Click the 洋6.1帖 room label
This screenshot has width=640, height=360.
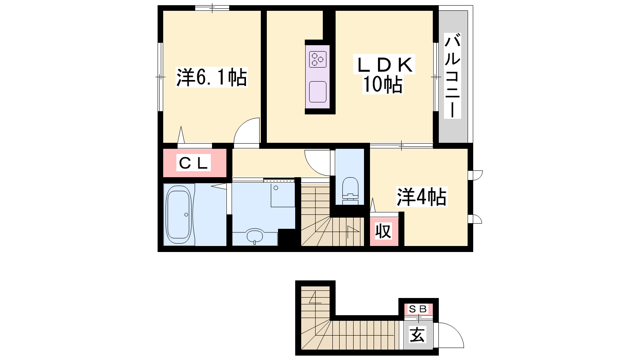[212, 77]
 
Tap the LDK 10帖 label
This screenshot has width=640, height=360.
[384, 74]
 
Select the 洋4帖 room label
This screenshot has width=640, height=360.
[422, 196]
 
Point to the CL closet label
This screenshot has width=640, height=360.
[194, 163]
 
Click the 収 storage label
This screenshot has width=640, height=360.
[384, 232]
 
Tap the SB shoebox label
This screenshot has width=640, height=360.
[418, 309]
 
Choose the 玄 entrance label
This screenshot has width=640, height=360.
[418, 334]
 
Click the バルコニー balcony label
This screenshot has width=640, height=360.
[452, 76]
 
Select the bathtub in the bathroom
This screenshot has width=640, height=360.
[178, 214]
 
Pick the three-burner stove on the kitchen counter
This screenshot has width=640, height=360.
[318, 60]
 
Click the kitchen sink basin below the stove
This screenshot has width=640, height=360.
[318, 92]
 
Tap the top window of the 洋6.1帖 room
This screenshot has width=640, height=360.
[212, 8]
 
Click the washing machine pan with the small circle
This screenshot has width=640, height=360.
[282, 194]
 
